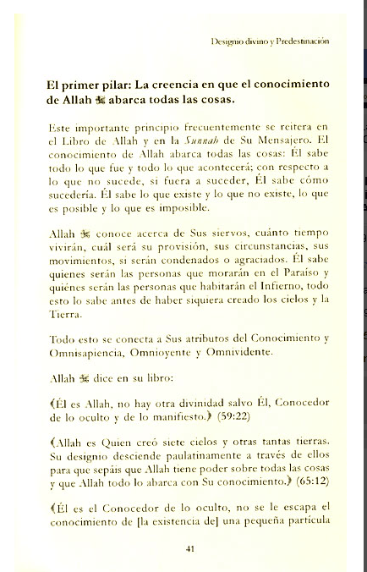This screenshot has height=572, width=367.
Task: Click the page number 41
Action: [x=190, y=547]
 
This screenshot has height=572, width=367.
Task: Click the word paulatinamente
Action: [x=186, y=454]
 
